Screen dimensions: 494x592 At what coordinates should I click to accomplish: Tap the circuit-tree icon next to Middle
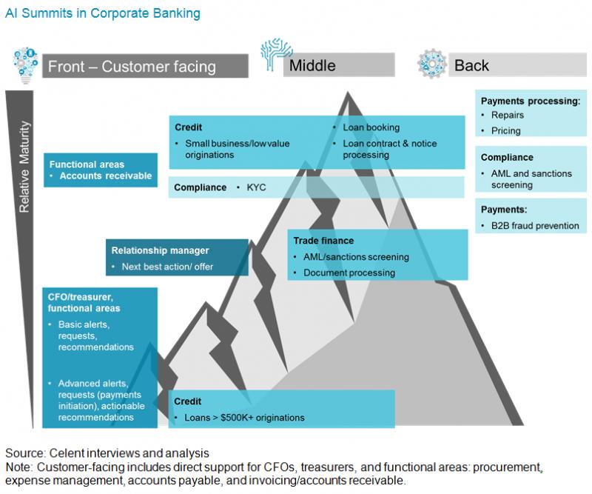(274, 56)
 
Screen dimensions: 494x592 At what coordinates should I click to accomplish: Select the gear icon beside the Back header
(431, 64)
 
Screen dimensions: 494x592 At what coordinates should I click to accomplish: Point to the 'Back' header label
(471, 66)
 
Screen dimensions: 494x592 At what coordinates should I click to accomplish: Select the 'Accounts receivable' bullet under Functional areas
(105, 176)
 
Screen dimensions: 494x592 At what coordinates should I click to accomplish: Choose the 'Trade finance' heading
(323, 241)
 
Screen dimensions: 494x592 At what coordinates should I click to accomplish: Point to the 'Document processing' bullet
(349, 273)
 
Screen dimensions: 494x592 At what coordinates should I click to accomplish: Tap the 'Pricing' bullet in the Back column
(505, 130)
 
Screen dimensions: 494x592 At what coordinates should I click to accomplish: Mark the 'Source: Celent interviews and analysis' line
(107, 453)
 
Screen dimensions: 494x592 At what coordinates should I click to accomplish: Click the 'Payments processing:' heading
(531, 101)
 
